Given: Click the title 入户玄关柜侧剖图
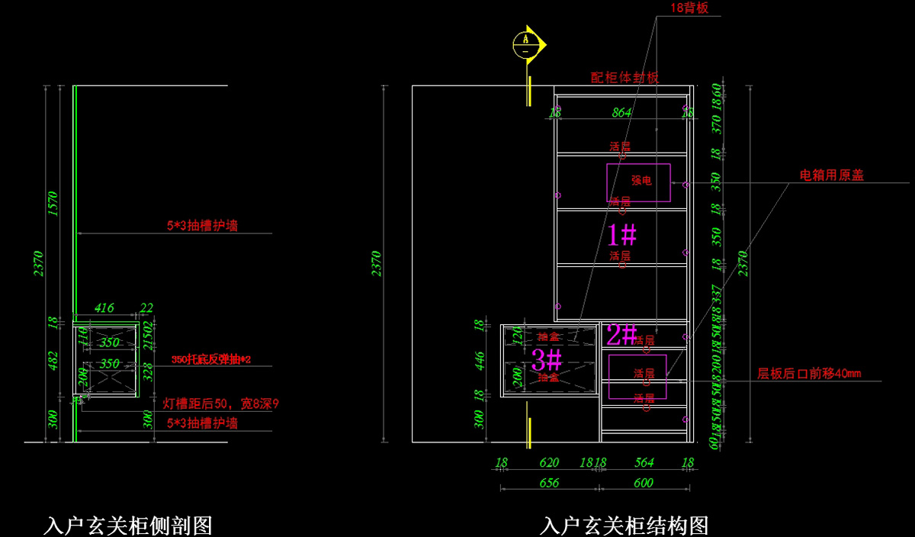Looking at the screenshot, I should coord(128,526).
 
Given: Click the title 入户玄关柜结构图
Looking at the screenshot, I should coord(624,526).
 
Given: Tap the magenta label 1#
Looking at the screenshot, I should coord(622,234).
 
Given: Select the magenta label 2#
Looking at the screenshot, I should coord(622,333).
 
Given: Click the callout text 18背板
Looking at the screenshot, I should coord(689,8).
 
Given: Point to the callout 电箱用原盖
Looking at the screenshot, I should coord(831,175).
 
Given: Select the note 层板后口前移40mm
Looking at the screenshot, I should coord(808,374).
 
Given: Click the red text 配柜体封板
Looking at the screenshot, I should coord(624,78).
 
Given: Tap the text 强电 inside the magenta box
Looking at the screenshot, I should coord(641,181).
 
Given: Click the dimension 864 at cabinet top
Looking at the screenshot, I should coord(622,112).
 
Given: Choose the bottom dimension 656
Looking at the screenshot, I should coord(549,483).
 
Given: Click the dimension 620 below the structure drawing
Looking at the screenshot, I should coord(549,462).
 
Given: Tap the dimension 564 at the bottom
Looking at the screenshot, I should coord(644,462).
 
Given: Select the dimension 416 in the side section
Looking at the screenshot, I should coord(104,308).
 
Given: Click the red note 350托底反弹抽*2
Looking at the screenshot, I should coord(211,359).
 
